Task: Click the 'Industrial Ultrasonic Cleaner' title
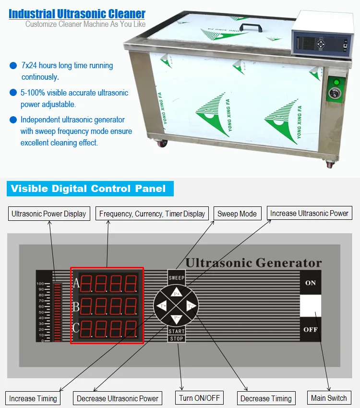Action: point(77,13)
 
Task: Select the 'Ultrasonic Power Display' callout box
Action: point(49,214)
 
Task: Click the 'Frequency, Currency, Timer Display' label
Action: point(152,214)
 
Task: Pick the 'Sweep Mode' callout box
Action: point(237,214)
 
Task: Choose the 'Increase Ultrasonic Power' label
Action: point(309,213)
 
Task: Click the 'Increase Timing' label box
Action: point(33,398)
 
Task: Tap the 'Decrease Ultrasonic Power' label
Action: point(118,398)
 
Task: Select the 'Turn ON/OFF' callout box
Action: point(199,398)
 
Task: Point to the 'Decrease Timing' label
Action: point(266,398)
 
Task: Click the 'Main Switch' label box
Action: point(329,398)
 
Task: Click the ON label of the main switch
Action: point(311,283)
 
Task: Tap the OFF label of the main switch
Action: point(311,330)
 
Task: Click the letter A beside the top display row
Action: point(75,283)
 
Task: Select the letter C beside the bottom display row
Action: point(75,328)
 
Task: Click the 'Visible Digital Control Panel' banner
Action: point(88,189)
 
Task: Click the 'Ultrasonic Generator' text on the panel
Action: point(253,263)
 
